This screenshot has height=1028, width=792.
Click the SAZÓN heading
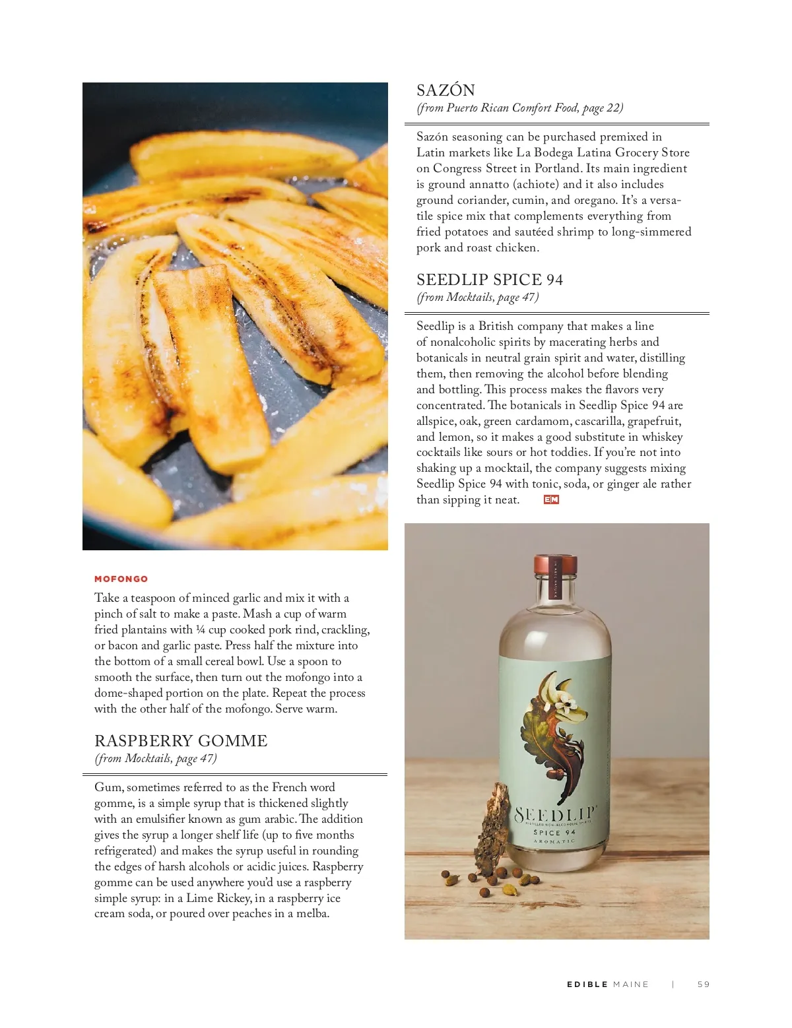click(x=445, y=90)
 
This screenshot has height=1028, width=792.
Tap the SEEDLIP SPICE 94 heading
click(x=490, y=280)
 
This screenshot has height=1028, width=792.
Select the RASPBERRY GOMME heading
click(x=181, y=741)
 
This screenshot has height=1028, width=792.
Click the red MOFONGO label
click(x=121, y=579)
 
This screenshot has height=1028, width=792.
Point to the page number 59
click(x=704, y=984)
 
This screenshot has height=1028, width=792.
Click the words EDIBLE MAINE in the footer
click(x=608, y=984)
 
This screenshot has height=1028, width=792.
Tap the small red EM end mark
click(x=551, y=500)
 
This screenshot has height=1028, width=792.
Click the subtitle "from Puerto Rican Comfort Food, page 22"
click(x=520, y=108)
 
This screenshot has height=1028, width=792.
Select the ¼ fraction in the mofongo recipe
click(x=201, y=629)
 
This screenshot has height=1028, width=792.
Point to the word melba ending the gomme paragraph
click(x=312, y=914)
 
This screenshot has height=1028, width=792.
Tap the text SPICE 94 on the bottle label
click(x=554, y=833)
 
